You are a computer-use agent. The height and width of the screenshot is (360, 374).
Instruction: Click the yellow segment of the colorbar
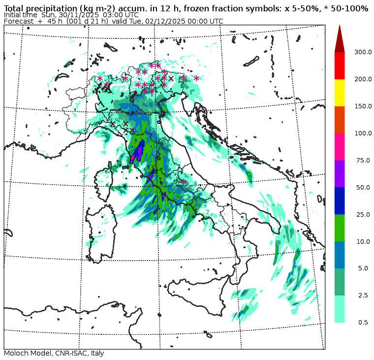point(340,93)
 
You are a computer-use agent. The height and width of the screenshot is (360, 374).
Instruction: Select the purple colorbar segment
point(340,173)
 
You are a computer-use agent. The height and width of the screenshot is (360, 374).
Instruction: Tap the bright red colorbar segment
point(340,65)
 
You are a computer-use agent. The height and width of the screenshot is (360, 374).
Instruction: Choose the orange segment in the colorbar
point(340,120)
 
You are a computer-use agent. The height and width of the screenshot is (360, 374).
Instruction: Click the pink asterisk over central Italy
point(184,182)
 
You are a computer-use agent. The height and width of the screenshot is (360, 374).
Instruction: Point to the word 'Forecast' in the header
point(19,22)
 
